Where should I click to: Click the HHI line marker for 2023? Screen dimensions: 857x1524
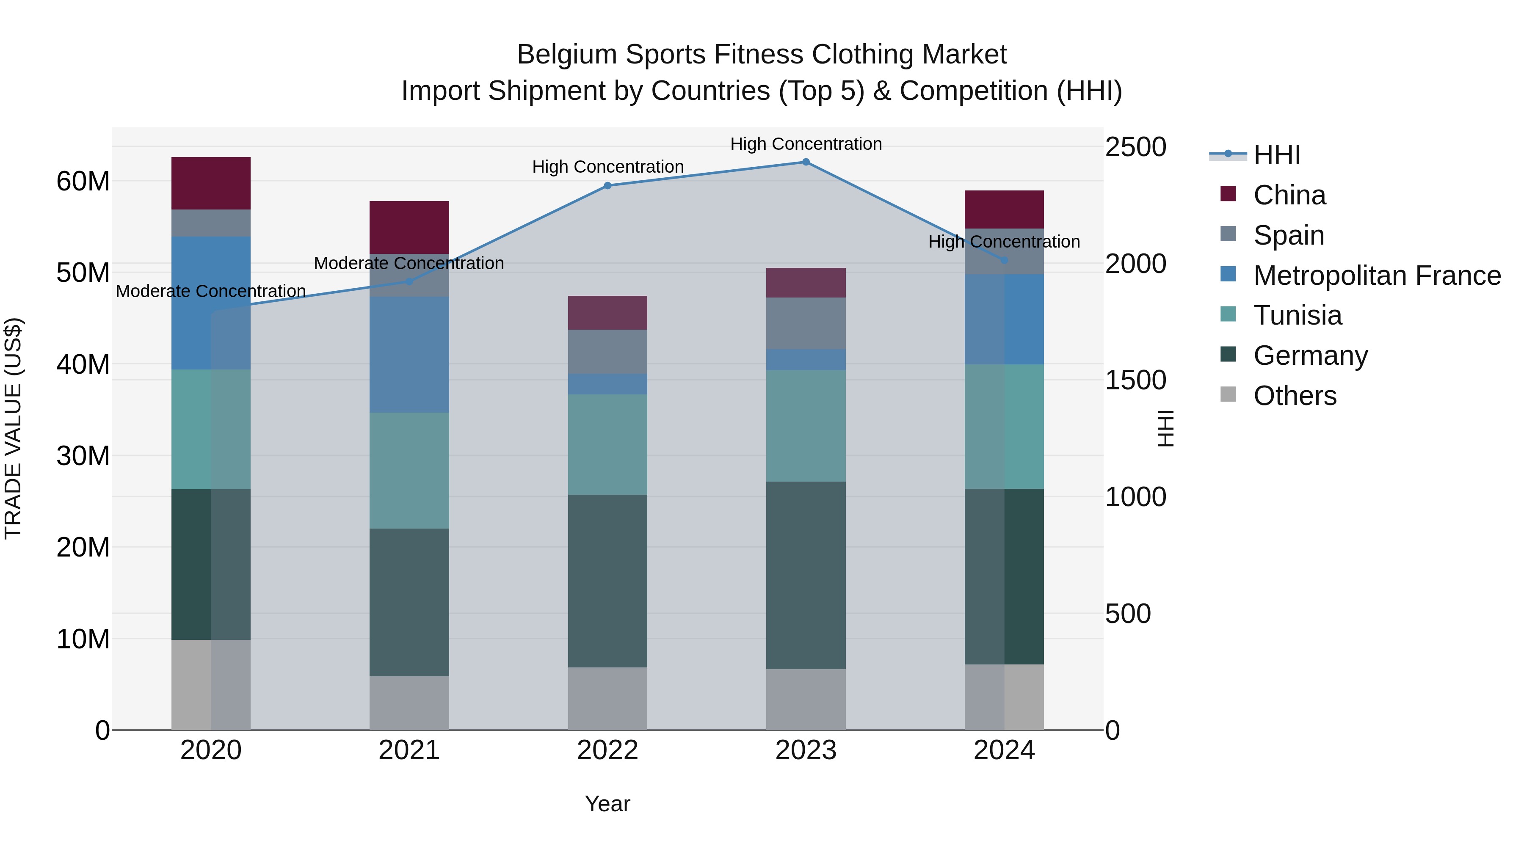click(806, 162)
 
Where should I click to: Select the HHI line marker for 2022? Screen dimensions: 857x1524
click(607, 186)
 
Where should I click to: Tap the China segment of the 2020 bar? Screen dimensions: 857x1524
click(211, 183)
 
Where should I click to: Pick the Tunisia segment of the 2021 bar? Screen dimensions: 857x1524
click(409, 470)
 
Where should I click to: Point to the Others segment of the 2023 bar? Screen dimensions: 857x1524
click(806, 699)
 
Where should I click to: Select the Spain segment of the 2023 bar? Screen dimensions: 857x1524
click(806, 323)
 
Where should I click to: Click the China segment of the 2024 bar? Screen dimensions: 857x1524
click(1004, 209)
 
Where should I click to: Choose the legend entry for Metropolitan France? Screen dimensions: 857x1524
click(1377, 276)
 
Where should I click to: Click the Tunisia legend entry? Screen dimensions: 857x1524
click(1298, 315)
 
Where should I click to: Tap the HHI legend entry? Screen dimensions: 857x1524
click(1277, 155)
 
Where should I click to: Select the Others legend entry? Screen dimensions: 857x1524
click(1295, 396)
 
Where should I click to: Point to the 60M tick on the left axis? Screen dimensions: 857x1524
click(83, 181)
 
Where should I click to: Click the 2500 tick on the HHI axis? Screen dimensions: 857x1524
click(1135, 147)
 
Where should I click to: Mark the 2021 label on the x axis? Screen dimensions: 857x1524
click(409, 750)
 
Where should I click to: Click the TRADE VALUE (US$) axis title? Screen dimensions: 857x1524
click(13, 428)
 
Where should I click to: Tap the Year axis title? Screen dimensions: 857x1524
click(607, 804)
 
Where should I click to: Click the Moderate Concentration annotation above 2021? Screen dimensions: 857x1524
click(409, 263)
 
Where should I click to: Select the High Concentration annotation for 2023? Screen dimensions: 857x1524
click(806, 144)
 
